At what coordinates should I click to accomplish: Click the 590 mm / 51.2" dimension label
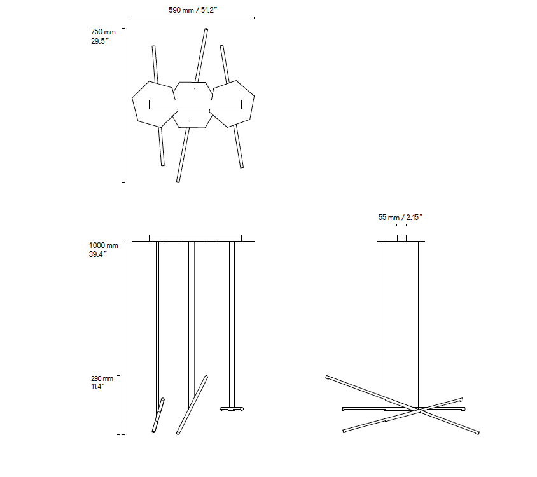[193, 10]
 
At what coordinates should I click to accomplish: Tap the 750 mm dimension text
[103, 32]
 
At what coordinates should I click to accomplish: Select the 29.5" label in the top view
[100, 41]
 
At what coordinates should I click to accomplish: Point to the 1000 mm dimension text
[104, 245]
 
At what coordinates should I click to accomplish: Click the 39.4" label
[98, 254]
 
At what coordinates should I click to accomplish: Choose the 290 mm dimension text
[102, 378]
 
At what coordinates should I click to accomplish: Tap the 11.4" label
[97, 386]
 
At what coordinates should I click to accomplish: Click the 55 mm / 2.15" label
[400, 218]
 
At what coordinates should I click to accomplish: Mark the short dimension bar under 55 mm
[401, 225]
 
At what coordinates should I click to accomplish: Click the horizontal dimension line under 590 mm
[193, 18]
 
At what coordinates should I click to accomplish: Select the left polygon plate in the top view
[154, 104]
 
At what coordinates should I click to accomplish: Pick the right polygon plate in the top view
[232, 104]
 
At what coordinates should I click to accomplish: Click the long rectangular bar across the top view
[195, 104]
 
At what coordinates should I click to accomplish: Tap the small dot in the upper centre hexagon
[195, 89]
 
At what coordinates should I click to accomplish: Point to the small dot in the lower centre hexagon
[189, 121]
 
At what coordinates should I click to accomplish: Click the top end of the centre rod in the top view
[206, 29]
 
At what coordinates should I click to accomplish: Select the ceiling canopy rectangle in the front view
[195, 238]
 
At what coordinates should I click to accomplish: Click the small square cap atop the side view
[401, 238]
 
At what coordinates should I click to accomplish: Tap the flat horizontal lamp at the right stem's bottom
[232, 408]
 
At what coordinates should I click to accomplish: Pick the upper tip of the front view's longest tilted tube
[206, 377]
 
